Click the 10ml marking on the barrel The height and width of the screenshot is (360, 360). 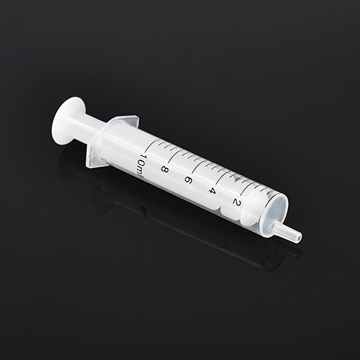(140, 166)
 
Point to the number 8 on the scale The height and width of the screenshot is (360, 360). (164, 170)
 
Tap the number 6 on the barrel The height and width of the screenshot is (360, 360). (189, 181)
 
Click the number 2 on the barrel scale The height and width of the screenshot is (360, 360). (236, 202)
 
